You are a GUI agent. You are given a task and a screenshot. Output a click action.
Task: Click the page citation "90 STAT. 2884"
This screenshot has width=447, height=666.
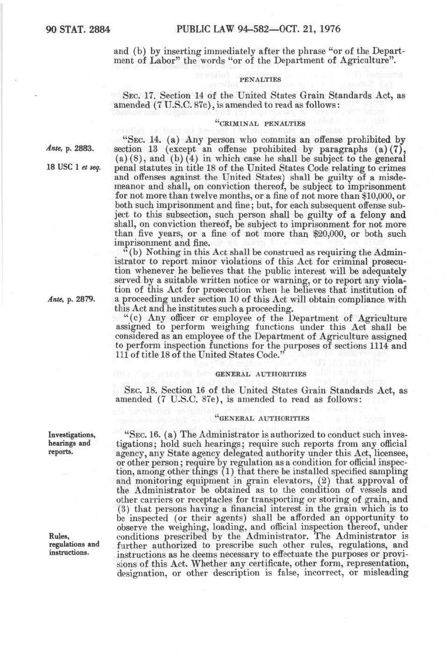click(x=79, y=29)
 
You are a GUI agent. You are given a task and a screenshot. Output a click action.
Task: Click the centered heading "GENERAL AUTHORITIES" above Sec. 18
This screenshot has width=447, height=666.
click(x=261, y=374)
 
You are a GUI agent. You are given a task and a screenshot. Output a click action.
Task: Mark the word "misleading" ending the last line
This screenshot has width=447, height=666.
click(x=383, y=573)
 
